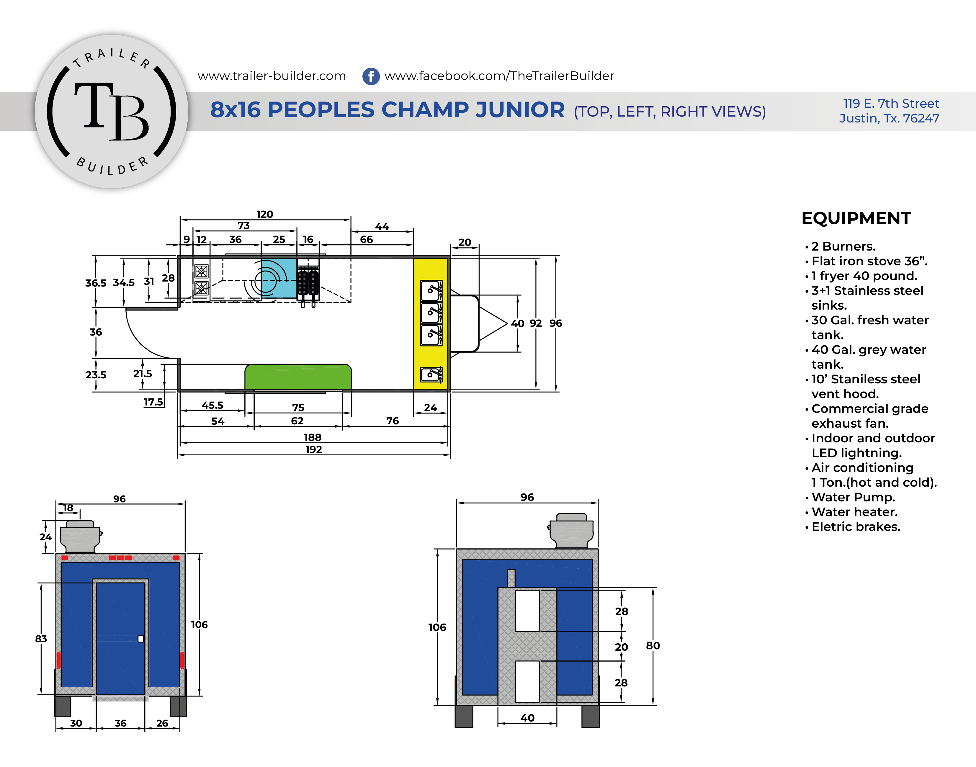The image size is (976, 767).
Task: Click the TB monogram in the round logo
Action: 111,111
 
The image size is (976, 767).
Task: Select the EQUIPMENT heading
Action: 856,218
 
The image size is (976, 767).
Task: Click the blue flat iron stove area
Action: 279,278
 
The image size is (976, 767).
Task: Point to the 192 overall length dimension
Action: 313,449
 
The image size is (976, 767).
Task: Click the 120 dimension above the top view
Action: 264,214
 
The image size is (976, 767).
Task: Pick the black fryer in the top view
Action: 308,282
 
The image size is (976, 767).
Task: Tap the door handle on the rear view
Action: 140,639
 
